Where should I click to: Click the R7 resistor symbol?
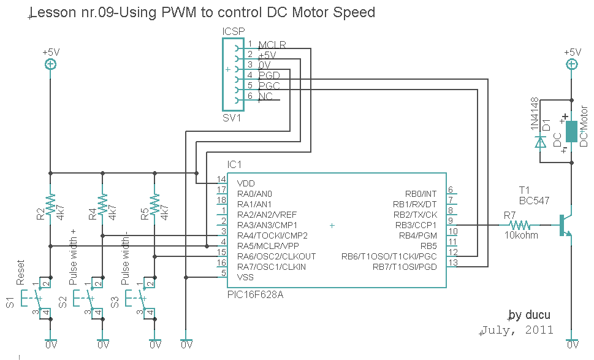point(519,225)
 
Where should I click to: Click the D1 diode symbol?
point(540,142)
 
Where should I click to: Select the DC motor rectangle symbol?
point(571,131)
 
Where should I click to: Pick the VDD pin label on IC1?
point(246,183)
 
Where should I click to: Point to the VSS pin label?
point(245,277)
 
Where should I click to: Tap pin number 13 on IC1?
point(453,263)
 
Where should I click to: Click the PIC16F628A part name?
point(255,295)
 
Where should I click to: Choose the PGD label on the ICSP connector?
point(269,75)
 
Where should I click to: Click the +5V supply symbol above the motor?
point(571,64)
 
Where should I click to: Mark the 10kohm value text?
point(521,236)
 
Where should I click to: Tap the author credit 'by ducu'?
point(530,315)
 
